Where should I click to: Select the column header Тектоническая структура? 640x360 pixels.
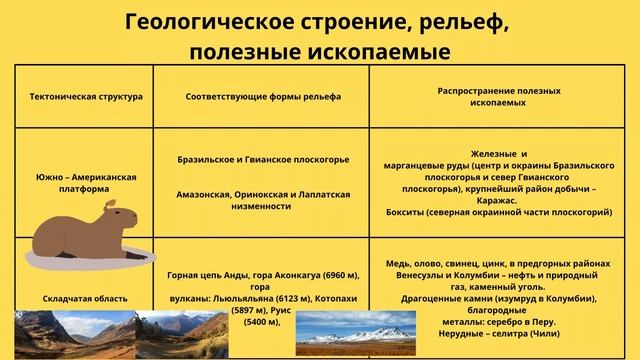(85, 96)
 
